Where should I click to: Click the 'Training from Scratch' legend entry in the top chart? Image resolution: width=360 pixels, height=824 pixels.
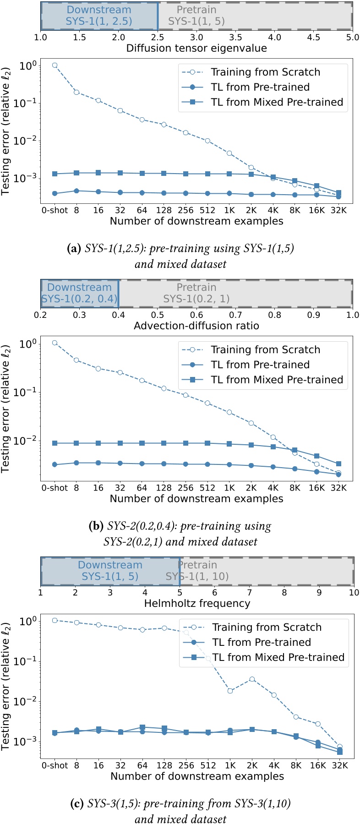pos(265,72)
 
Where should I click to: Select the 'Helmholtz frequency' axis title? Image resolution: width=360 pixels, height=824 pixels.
pos(197,603)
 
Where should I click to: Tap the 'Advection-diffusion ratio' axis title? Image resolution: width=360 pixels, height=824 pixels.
pos(196,326)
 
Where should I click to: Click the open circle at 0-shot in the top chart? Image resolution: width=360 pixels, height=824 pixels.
pos(55,65)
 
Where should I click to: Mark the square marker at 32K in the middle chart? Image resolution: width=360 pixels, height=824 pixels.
pos(338,464)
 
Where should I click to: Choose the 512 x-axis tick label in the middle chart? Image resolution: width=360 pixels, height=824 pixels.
pos(208,488)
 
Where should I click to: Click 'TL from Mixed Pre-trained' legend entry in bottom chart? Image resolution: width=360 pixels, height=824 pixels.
pos(278,657)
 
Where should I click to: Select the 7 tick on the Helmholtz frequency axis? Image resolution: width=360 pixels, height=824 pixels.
pos(249,592)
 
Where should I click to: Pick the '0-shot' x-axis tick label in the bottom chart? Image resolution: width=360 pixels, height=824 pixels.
pos(55,765)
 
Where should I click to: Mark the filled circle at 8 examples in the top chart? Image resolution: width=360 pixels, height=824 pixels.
pos(76,191)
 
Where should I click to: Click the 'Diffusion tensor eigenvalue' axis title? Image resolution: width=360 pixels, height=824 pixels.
pos(196,48)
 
